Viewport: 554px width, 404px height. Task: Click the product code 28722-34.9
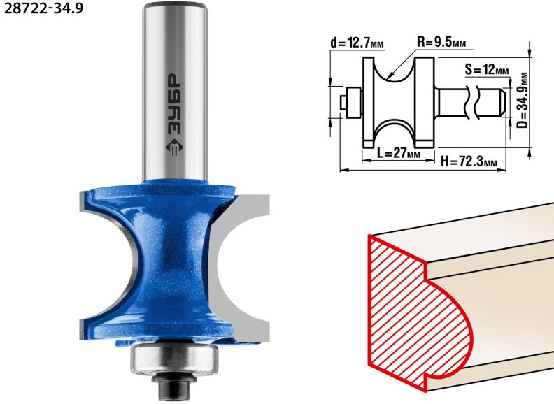(43, 8)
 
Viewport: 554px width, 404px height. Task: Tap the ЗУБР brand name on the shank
(173, 105)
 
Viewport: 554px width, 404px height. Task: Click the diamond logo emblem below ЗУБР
(174, 147)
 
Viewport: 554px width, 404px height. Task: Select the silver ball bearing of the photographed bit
(175, 359)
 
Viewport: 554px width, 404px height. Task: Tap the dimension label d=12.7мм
(357, 43)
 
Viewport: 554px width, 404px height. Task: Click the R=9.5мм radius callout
(441, 43)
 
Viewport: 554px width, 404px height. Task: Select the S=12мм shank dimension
(487, 69)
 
